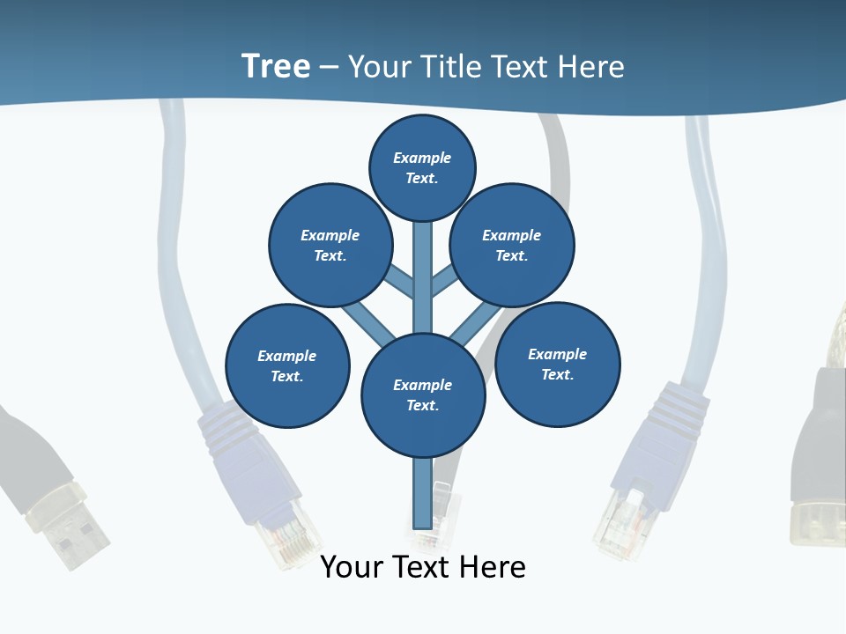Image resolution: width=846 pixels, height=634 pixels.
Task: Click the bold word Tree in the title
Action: coord(276,66)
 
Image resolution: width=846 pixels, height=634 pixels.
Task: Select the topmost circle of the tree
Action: coord(422,167)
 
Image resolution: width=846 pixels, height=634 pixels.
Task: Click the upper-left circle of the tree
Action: coord(330,245)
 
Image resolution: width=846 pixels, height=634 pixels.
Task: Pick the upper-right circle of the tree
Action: coord(512,245)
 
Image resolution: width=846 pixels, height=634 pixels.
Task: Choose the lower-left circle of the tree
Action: coord(287,365)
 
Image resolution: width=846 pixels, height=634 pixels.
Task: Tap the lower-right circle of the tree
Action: coord(557,364)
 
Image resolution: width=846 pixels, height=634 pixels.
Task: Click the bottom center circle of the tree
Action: coord(423,394)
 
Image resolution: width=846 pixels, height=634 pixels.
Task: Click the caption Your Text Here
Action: coord(423,567)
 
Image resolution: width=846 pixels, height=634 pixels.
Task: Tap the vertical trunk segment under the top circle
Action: coord(423,273)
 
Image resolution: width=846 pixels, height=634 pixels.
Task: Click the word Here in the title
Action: coord(592,67)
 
